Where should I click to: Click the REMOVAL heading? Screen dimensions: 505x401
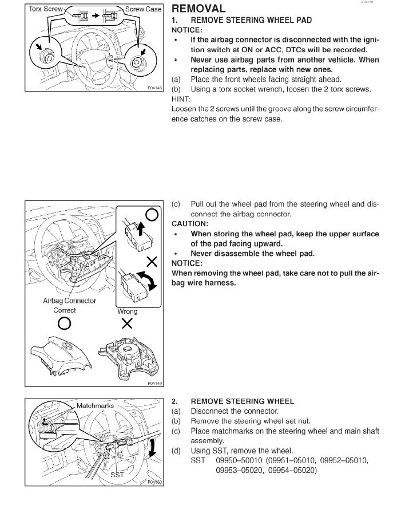click(198, 9)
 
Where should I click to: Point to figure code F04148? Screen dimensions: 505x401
click(154, 88)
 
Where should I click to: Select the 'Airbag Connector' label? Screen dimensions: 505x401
click(70, 301)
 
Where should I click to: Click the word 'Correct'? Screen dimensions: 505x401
click(65, 310)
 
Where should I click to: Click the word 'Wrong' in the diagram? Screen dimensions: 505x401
click(127, 311)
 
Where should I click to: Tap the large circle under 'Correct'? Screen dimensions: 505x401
click(65, 324)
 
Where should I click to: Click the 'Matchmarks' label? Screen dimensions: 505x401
click(95, 405)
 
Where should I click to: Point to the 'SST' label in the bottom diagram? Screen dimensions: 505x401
click(117, 475)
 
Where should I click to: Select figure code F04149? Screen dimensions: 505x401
click(154, 383)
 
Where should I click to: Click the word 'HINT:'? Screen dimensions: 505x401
click(180, 98)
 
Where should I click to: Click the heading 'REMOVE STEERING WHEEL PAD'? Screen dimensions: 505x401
click(251, 20)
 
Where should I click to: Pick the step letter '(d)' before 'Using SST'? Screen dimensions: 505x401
click(177, 451)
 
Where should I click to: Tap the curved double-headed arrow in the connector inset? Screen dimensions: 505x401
click(150, 285)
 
